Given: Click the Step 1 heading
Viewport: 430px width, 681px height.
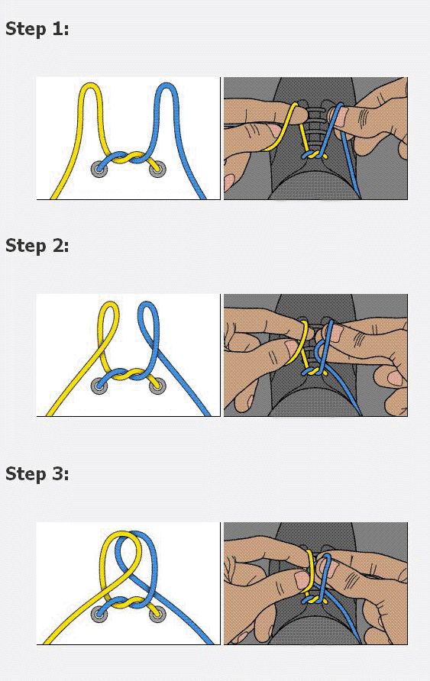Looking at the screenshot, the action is pyautogui.click(x=37, y=29).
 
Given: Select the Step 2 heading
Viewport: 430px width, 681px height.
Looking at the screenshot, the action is pyautogui.click(x=37, y=246).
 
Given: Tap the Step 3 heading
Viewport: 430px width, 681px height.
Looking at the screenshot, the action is pyautogui.click(x=37, y=473).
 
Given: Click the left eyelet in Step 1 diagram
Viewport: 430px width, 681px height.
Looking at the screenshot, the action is pyautogui.click(x=99, y=169).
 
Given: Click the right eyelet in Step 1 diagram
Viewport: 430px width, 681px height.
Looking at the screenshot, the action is pyautogui.click(x=157, y=169).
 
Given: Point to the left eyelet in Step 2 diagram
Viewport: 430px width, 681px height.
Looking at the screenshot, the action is pyautogui.click(x=99, y=386).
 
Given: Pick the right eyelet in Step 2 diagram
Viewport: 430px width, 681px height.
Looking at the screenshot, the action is pyautogui.click(x=157, y=386).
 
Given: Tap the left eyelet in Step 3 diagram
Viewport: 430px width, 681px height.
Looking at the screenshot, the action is pyautogui.click(x=99, y=614).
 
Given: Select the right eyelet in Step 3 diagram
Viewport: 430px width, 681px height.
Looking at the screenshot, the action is pyautogui.click(x=157, y=614).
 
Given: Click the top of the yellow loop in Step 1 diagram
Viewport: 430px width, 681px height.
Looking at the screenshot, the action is pyautogui.click(x=90, y=84).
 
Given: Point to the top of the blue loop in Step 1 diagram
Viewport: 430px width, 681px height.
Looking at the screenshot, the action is pyautogui.click(x=167, y=85).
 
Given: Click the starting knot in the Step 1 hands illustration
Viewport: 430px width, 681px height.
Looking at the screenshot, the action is pyautogui.click(x=315, y=154).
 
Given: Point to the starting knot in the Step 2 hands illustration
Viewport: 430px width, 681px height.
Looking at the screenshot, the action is pyautogui.click(x=315, y=372).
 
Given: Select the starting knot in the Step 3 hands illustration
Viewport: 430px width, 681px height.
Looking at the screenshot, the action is pyautogui.click(x=315, y=600).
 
